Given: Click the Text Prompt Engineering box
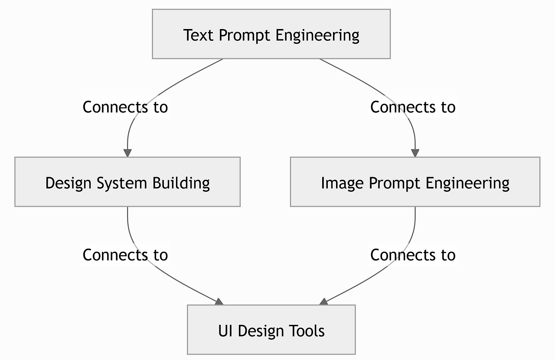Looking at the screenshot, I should pos(271,34).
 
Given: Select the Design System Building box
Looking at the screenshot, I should pos(127,182).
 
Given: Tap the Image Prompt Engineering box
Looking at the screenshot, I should pos(415,182).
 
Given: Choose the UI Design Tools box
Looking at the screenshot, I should pos(271,330).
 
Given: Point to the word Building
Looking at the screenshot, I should pos(181,183).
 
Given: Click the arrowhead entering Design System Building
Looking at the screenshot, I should pos(127,153).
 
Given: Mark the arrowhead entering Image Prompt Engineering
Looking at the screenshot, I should pos(415,153).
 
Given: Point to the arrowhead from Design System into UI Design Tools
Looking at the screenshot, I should pos(219,302).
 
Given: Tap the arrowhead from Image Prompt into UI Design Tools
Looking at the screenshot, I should pos(323,302).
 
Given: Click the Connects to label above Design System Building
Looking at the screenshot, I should pos(125,107).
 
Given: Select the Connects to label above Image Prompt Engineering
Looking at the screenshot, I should pos(413,107).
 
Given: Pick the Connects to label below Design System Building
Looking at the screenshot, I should pos(125,255).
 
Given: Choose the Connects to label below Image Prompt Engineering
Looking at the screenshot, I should pos(413,255).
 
